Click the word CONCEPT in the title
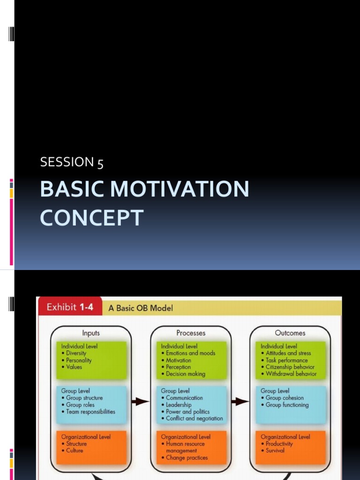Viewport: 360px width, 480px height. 91,218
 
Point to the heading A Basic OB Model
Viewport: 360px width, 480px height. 141,308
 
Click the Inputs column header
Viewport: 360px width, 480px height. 91,333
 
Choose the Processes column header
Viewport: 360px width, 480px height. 191,333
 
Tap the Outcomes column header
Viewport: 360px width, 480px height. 290,333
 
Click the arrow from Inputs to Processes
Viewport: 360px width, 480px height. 140,402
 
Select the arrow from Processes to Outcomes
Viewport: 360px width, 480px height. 240,402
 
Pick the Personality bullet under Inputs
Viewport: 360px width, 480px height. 79,360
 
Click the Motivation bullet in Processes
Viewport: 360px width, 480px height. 179,360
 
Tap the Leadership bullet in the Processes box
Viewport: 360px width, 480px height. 179,405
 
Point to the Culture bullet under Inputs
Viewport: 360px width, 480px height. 75,450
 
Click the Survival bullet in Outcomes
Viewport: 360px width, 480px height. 275,450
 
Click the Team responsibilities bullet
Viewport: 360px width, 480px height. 90,412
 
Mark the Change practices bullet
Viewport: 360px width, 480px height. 187,458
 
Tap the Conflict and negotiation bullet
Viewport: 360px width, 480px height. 195,418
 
